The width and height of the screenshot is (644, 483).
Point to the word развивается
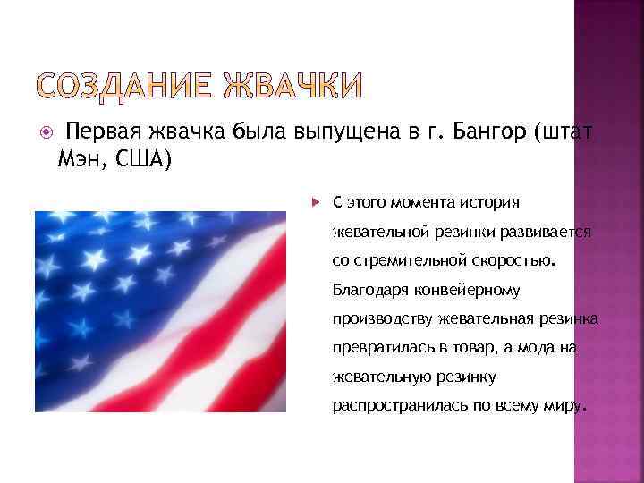[x=549, y=232]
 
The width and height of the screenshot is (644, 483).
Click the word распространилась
[x=391, y=406]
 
